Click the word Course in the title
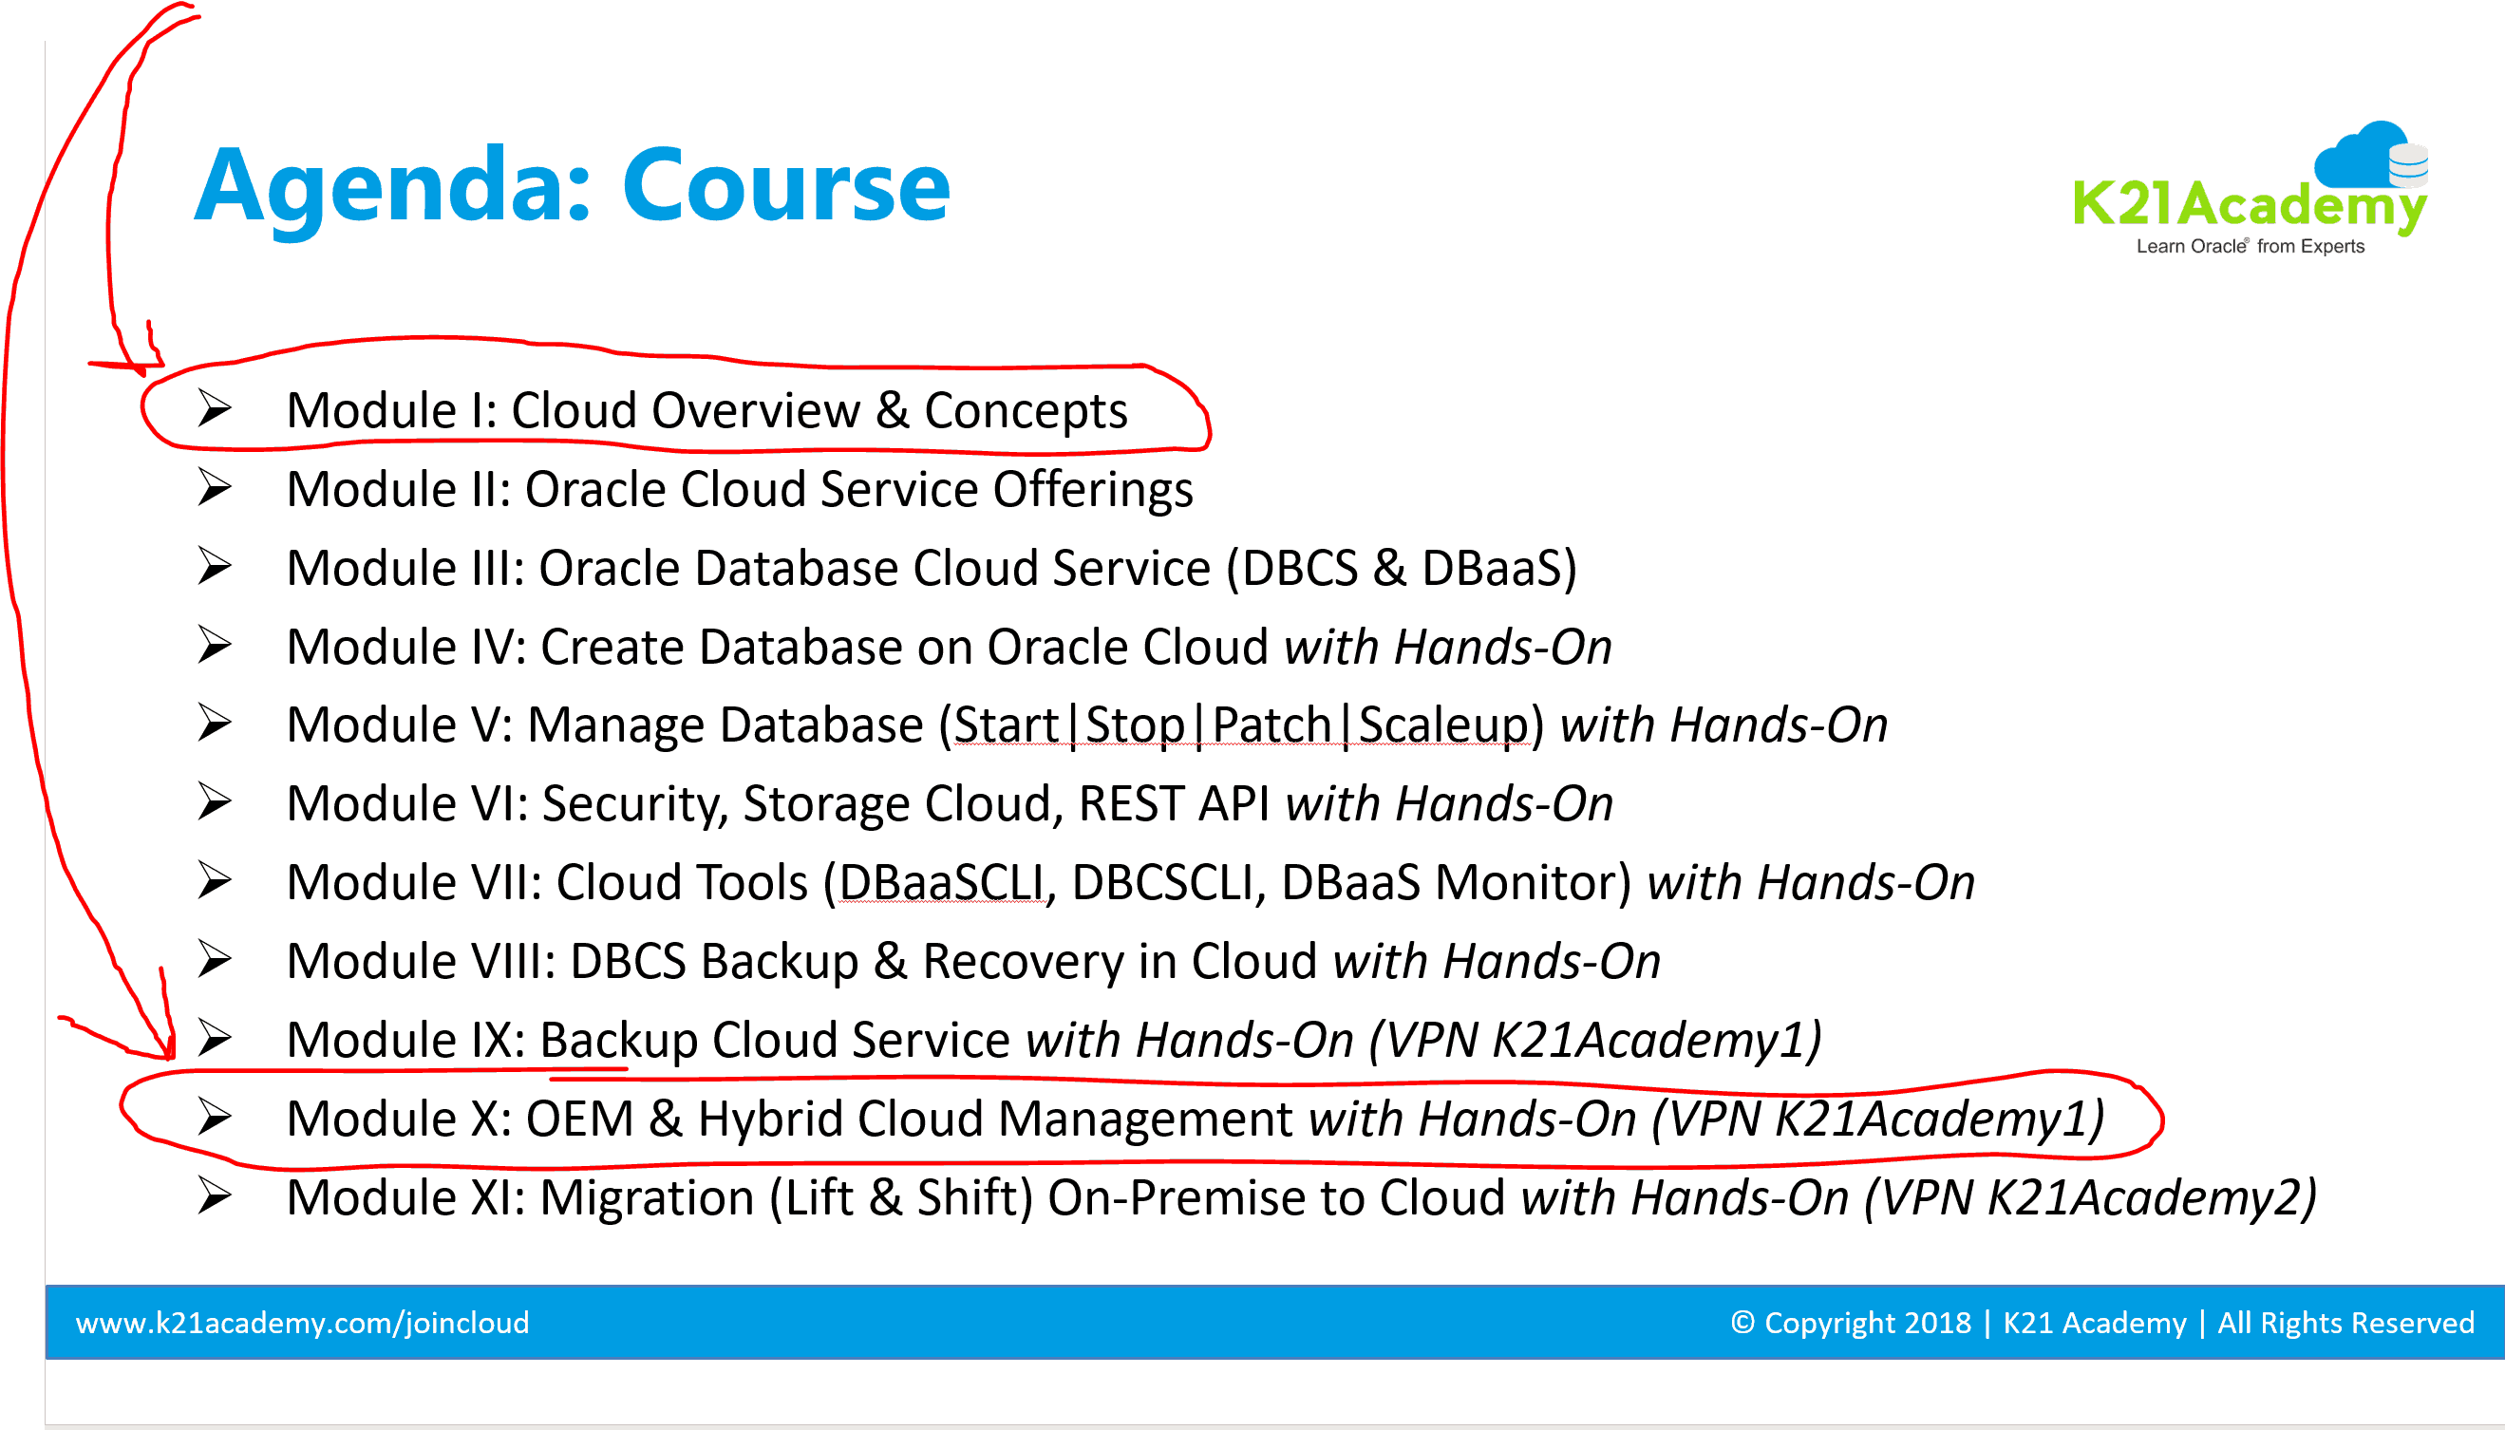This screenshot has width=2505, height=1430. click(785, 184)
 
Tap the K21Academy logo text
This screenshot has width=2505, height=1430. click(2249, 204)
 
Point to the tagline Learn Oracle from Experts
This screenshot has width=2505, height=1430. click(2250, 247)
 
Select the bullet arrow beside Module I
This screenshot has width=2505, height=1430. click(214, 407)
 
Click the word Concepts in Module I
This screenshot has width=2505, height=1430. click(1026, 411)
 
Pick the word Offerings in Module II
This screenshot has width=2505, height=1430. click(1093, 490)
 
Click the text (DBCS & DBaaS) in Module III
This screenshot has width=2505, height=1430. click(1402, 569)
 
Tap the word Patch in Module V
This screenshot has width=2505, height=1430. click(1271, 725)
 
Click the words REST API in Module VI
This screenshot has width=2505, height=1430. click(1175, 803)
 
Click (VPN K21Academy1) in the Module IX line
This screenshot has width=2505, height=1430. click(1594, 1040)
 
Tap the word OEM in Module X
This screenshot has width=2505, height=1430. click(580, 1119)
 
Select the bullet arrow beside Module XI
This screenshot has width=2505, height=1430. click(214, 1195)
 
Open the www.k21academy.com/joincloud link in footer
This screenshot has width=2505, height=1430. click(303, 1323)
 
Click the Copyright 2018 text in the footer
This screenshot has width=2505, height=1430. click(1851, 1323)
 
